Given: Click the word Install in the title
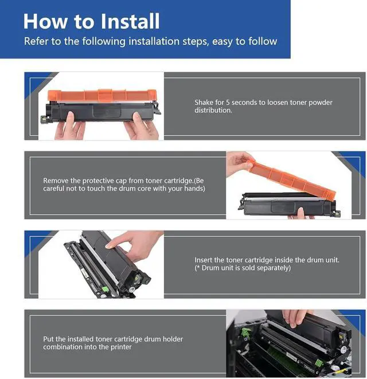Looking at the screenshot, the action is (x=130, y=21).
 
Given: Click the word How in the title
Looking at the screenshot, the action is (x=45, y=21).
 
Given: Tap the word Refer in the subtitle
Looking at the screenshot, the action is (x=36, y=41).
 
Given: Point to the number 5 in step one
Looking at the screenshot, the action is (x=228, y=103).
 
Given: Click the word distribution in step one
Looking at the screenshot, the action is (x=213, y=110).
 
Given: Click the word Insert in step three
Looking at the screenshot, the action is (x=203, y=260).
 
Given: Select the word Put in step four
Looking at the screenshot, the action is (x=49, y=339).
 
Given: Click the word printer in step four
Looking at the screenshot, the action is (x=121, y=347).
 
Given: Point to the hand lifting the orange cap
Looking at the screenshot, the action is (x=239, y=162).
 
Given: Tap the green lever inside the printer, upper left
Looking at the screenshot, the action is (x=245, y=332).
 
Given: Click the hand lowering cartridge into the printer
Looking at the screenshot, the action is (x=295, y=317).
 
